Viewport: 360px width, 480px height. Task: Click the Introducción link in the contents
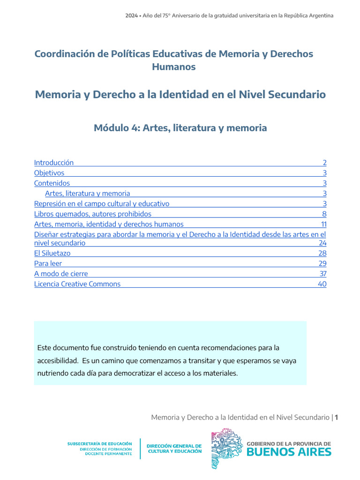tap(54, 163)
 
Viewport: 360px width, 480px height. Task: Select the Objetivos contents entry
tap(49, 173)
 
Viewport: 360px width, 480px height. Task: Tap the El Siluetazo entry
tap(52, 253)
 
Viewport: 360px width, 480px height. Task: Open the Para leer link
tap(48, 263)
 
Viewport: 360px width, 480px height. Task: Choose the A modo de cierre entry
tap(61, 274)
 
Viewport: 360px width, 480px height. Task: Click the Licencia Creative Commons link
tap(77, 284)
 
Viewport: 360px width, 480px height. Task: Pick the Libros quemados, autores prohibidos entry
tap(93, 214)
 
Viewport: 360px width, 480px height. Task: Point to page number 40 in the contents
tap(322, 284)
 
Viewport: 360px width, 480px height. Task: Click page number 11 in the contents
tap(324, 224)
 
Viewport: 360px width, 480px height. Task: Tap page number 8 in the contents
tap(324, 214)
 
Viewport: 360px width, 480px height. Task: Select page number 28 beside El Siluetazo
tap(322, 253)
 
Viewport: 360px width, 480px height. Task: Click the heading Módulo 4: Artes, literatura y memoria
tap(180, 127)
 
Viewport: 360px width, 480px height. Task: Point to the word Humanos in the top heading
tap(173, 67)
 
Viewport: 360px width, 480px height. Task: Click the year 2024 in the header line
tap(131, 15)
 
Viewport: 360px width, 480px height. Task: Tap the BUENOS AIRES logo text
tap(289, 452)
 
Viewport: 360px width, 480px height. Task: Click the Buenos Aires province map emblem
tap(226, 450)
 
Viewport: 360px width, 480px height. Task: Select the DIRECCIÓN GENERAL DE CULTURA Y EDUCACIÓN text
tap(174, 449)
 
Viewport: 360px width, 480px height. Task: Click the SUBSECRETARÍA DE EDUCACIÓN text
tap(100, 443)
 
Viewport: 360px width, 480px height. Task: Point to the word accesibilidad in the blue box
tap(58, 361)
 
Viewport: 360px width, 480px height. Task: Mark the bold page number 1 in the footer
tap(336, 417)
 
